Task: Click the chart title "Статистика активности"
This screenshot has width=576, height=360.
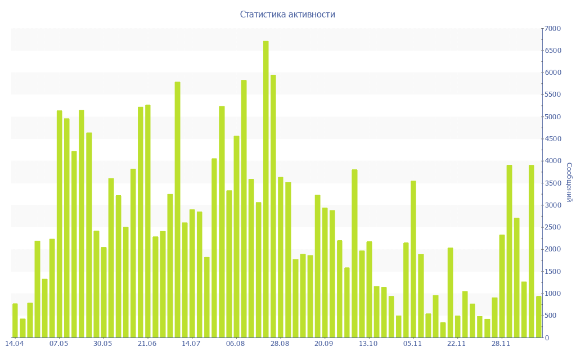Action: [x=287, y=14]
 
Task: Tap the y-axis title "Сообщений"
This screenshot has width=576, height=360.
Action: [x=569, y=182]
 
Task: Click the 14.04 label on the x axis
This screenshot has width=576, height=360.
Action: [x=15, y=343]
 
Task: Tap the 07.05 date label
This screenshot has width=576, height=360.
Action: [x=59, y=343]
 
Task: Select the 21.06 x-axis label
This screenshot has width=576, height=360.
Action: [x=147, y=343]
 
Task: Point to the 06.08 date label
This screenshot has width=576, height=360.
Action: [x=236, y=343]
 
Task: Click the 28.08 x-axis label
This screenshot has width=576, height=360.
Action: [x=280, y=343]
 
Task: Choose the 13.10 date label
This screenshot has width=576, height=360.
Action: [x=368, y=343]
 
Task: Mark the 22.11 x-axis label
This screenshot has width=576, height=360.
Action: [x=457, y=343]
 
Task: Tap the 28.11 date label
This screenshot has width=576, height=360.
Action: [x=501, y=343]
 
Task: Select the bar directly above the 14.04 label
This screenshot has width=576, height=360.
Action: [x=15, y=321]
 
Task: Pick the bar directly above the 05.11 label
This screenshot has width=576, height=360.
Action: [x=413, y=259]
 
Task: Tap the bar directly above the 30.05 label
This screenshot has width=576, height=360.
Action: [x=103, y=292]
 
